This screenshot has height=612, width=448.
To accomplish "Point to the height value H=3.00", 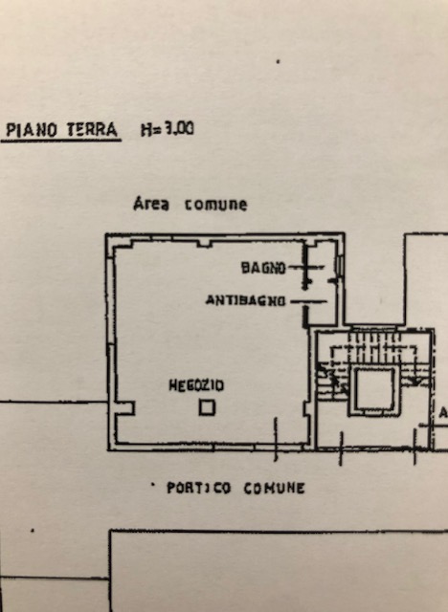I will pos(167,128).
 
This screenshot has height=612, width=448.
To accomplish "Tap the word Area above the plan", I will pos(152,205).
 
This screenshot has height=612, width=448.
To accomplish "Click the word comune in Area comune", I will pos(215,205).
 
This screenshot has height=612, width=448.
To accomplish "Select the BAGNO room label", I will pos(263,269).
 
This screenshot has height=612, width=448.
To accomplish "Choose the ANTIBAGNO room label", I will pos(245,300).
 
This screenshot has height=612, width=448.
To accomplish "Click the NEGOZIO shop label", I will pos(196,385).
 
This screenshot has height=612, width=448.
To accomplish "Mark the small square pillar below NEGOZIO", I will pos(207,408).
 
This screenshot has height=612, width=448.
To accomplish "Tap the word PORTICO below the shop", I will pos(198,488).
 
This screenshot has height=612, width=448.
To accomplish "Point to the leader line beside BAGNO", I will pos(299,269).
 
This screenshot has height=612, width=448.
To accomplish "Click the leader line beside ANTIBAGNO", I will pos(308,300).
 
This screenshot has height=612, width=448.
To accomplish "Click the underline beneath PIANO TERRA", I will pos(62,141).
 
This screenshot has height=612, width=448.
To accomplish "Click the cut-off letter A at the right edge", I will pos(443,413).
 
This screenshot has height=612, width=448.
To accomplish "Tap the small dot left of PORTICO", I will pos(153,486).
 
